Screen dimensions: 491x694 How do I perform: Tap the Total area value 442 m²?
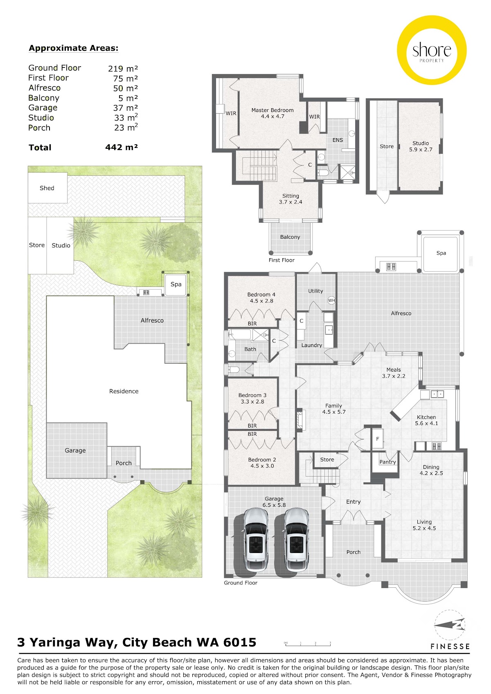pos(121,147)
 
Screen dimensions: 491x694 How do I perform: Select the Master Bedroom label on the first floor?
pos(273,110)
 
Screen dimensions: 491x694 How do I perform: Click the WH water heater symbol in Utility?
pos(331,300)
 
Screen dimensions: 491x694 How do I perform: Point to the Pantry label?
pos(387,462)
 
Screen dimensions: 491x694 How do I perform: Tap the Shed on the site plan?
pos(47,188)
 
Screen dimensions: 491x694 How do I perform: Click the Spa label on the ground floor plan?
pos(441,253)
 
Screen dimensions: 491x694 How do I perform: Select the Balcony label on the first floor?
pos(290,237)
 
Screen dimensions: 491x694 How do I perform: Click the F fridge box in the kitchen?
pos(378,439)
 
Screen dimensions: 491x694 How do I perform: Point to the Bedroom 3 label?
pos(252,395)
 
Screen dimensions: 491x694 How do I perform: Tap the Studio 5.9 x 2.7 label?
pos(421,146)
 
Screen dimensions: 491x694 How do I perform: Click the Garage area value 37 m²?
pos(125,108)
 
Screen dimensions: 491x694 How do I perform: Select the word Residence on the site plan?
pos(124,391)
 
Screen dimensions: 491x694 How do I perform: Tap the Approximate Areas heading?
pos(74,48)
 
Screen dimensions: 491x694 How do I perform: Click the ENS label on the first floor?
pos(338,140)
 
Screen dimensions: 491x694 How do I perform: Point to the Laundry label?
pos(311,345)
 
